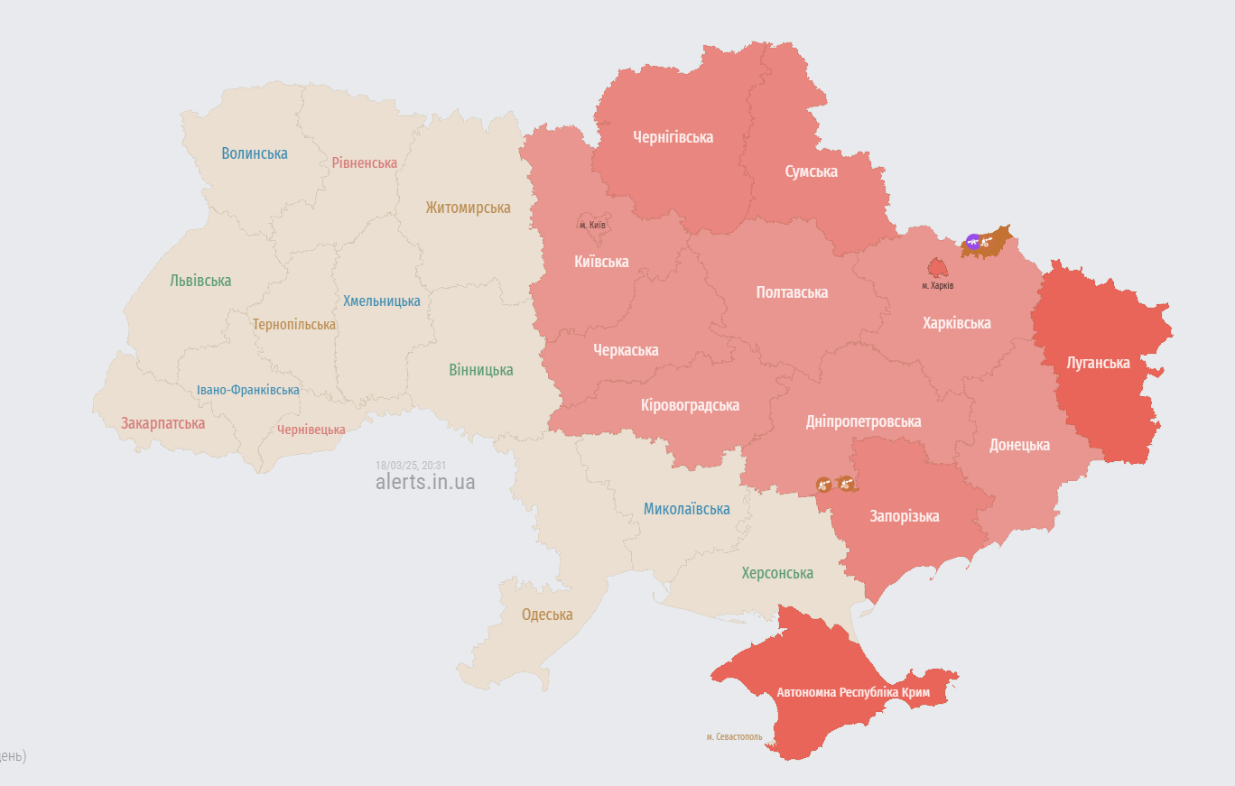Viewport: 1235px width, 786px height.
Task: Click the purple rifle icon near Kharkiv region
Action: click(972, 241)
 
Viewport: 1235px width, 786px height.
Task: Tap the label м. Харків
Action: click(937, 285)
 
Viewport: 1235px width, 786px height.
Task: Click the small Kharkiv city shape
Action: click(938, 268)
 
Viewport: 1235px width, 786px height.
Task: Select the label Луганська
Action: click(1098, 363)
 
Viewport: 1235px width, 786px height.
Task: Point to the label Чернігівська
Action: click(673, 137)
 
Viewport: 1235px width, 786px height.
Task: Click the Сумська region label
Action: click(811, 171)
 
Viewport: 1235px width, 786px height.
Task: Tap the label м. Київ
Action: click(592, 225)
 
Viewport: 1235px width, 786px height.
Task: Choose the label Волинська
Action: click(255, 153)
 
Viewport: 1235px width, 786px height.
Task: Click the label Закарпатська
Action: click(162, 423)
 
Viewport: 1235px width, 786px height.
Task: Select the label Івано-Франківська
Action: click(248, 390)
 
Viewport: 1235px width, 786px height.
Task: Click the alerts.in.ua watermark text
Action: click(424, 482)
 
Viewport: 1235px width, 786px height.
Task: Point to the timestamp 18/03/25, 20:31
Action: click(411, 466)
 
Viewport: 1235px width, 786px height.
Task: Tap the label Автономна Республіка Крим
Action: click(853, 692)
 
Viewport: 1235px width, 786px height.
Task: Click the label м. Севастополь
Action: click(734, 736)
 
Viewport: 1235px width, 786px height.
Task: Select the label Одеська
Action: click(547, 615)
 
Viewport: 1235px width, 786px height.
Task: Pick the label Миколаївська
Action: click(686, 509)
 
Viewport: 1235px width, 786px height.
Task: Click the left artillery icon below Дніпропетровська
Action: click(822, 485)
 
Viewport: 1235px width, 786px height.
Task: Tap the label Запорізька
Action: click(905, 516)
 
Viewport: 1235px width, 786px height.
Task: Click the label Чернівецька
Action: click(311, 430)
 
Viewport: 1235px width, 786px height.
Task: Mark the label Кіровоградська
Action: click(690, 405)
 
